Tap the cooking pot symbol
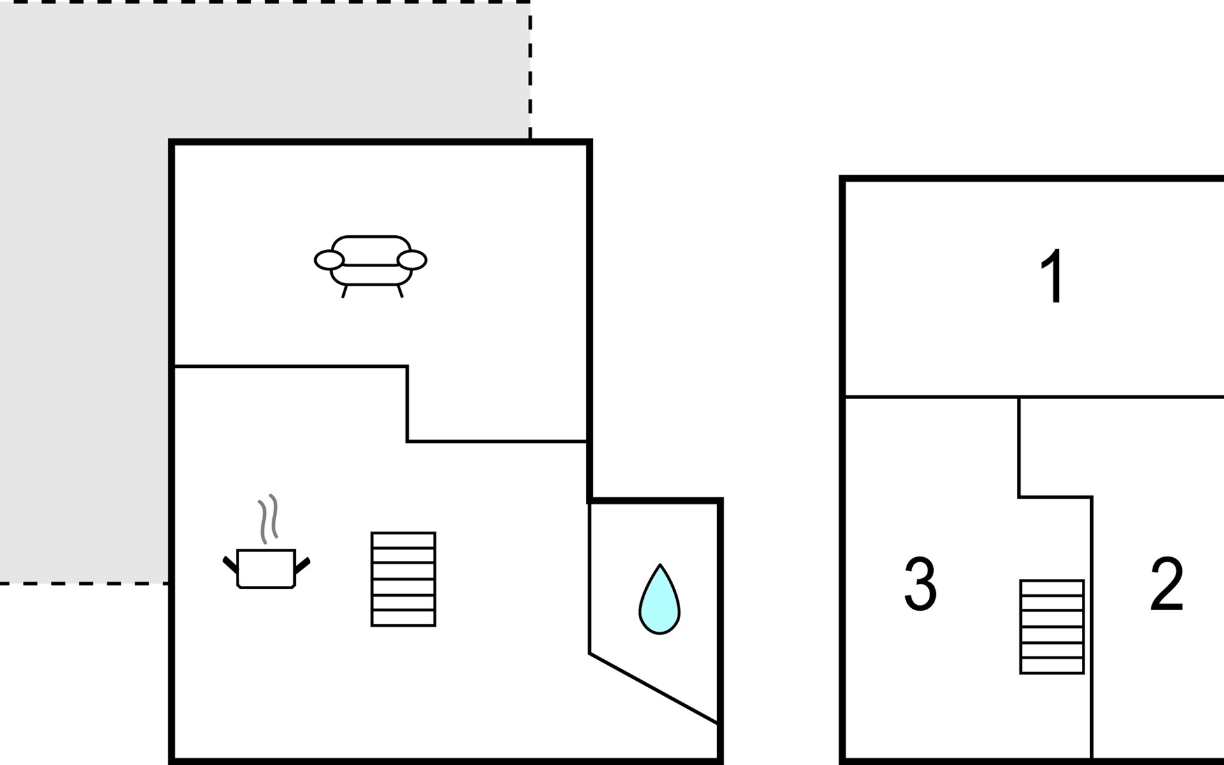point(266,567)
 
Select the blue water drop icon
point(659,599)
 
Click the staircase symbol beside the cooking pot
point(404,579)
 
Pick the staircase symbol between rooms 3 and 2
point(1052,627)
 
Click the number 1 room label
point(1053,277)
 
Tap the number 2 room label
point(1167,584)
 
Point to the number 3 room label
point(921,584)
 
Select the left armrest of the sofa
point(329,259)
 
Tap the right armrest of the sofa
point(412,259)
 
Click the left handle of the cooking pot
point(230,564)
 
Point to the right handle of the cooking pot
point(302,564)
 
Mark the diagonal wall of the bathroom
point(653,688)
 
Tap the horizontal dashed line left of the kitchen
point(84,583)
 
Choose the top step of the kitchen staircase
point(404,540)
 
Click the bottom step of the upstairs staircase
point(1052,666)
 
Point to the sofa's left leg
point(345,291)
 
